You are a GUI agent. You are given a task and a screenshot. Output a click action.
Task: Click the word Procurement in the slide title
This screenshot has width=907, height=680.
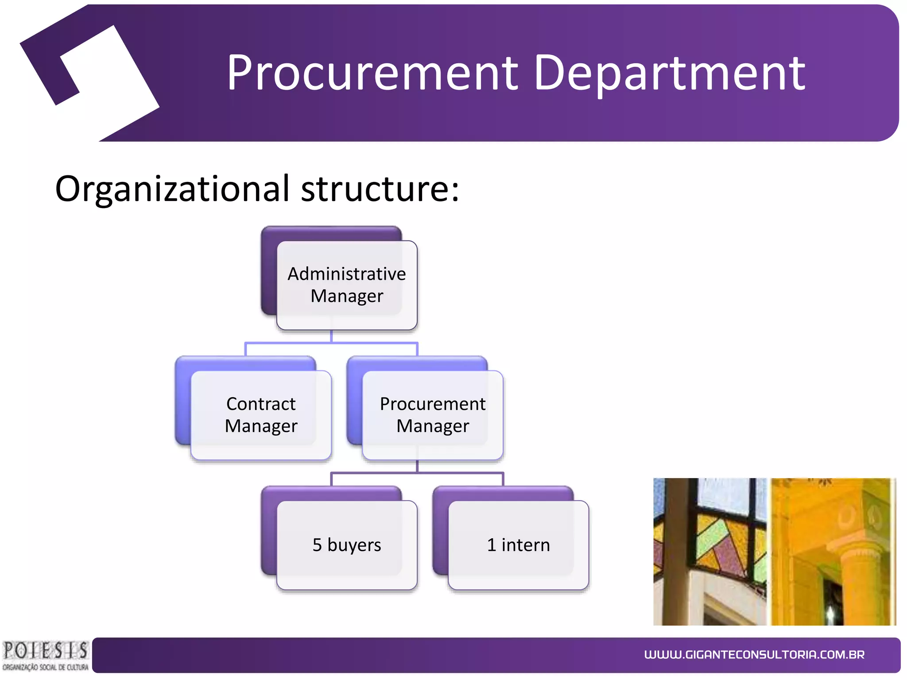[372, 73]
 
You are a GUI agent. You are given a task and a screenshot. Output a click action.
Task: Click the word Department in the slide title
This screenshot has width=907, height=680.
[670, 73]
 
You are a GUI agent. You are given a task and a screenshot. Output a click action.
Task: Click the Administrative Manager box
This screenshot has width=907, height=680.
[347, 285]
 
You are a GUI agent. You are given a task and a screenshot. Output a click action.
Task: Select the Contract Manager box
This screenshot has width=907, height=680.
[261, 415]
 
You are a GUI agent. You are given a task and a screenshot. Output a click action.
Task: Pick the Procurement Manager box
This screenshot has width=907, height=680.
[433, 415]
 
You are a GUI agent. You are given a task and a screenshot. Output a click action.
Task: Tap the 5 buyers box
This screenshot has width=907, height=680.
[347, 545]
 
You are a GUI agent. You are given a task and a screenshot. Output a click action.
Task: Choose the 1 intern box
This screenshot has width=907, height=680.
[519, 545]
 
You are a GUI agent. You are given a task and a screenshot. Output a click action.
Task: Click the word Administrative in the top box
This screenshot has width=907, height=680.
[347, 274]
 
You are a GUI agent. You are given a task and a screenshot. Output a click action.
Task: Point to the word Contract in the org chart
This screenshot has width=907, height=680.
[261, 404]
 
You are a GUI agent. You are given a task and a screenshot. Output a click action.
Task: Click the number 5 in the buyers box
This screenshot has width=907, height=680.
[317, 545]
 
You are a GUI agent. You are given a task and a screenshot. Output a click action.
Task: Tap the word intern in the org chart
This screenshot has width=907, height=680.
[526, 545]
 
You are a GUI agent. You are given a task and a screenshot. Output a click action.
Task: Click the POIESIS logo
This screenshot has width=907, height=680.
[45, 656]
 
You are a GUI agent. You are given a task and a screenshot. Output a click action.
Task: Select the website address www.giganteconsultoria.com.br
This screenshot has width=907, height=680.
[754, 655]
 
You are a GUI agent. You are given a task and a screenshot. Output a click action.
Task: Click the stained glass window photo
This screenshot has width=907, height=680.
[709, 551]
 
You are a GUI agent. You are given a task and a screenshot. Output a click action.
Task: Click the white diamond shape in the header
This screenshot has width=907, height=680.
[111, 82]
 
